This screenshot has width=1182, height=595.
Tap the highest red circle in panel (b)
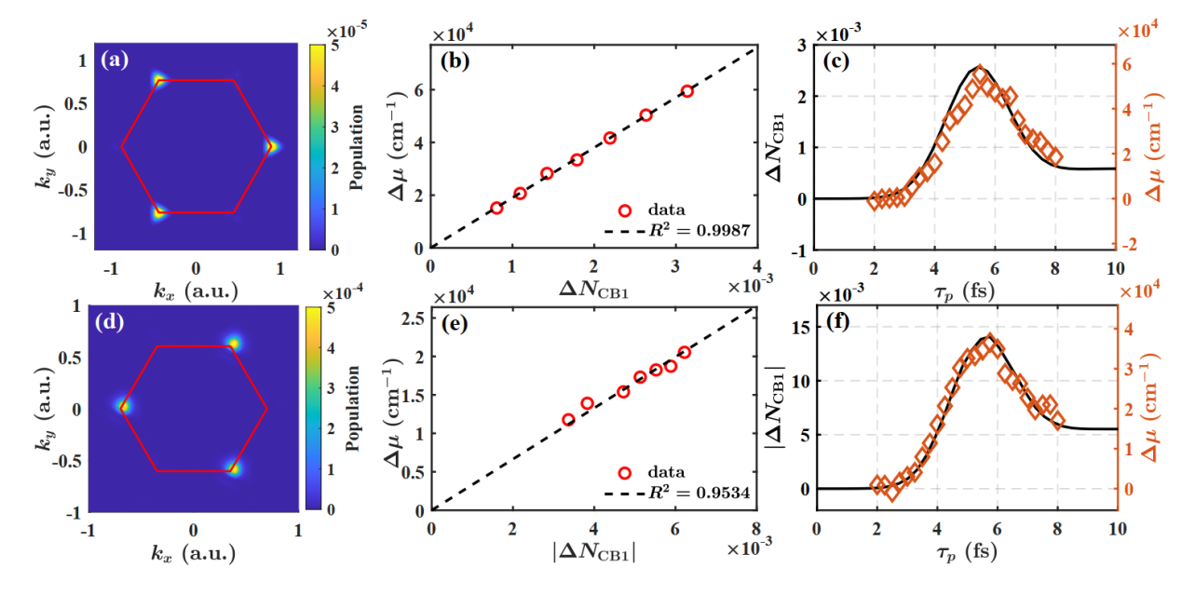(686, 91)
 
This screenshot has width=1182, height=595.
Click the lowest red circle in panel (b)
(496, 208)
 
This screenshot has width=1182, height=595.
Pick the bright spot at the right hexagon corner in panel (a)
(270, 146)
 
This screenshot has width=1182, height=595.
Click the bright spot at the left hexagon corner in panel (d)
(123, 406)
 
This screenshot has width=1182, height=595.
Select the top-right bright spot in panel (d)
(234, 344)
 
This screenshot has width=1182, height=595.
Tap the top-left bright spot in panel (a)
(158, 80)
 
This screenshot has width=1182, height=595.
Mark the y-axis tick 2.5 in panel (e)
(414, 322)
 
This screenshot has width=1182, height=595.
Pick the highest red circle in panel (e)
(685, 353)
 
